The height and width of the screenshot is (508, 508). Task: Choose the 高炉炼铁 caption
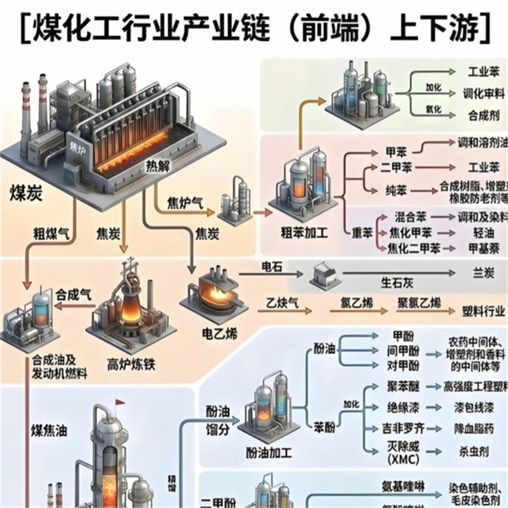pos(131,364)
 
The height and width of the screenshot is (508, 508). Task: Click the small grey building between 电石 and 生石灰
pos(321,275)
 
